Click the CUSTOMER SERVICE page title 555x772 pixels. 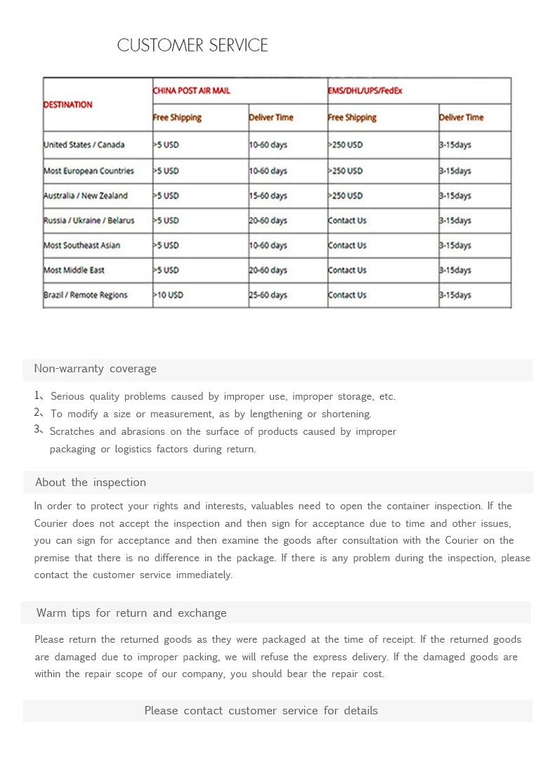(x=192, y=46)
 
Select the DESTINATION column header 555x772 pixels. (x=68, y=105)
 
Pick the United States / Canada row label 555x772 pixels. (x=84, y=145)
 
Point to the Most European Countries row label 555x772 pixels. (x=89, y=171)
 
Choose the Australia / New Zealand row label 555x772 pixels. (x=86, y=195)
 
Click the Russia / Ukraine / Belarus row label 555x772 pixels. (x=89, y=221)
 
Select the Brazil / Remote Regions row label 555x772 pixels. (x=86, y=295)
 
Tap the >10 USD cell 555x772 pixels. (x=168, y=295)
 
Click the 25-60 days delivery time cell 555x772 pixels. (x=268, y=295)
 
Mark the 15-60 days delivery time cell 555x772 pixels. (x=268, y=195)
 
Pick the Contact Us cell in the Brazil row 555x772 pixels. (x=347, y=295)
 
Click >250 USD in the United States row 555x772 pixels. (x=345, y=145)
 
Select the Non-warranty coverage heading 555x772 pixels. (x=96, y=369)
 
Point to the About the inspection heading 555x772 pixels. (x=91, y=483)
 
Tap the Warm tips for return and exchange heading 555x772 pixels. (x=131, y=613)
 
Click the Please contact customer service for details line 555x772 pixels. (x=261, y=711)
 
